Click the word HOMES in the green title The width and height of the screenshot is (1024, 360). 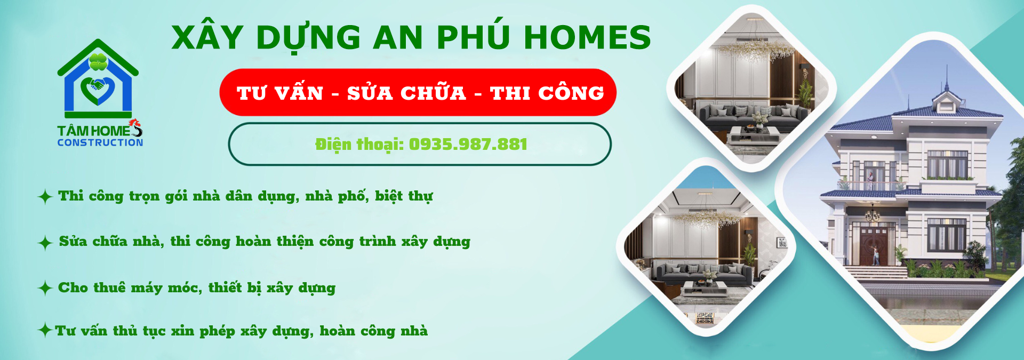[x=587, y=37]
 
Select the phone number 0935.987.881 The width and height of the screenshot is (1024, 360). [x=468, y=144]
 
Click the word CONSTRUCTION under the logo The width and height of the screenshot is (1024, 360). [x=100, y=142]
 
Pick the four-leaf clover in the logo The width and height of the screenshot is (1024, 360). [x=98, y=62]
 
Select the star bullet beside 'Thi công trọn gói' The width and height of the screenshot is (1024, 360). [x=45, y=197]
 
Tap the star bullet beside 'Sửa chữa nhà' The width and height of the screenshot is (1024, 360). [x=45, y=243]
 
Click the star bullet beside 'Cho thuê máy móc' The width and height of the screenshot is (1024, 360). [x=45, y=289]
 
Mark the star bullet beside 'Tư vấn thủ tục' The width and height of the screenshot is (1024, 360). [x=45, y=330]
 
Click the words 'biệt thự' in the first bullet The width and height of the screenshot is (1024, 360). [x=404, y=196]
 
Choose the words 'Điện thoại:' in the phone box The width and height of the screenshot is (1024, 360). [x=359, y=145]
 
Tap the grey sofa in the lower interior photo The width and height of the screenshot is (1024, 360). [x=703, y=273]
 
